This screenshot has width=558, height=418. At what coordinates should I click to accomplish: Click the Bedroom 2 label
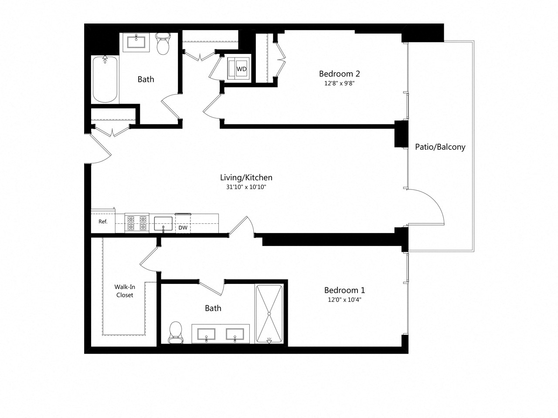[x=339, y=74]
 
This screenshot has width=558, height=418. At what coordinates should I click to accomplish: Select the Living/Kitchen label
[x=246, y=177]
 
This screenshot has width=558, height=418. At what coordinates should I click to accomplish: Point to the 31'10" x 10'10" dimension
[x=246, y=187]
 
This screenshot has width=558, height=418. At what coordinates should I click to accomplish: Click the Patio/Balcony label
[x=440, y=147]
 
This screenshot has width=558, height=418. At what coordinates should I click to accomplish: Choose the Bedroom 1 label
[x=344, y=290]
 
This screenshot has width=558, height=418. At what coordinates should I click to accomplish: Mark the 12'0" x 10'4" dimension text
[x=344, y=300]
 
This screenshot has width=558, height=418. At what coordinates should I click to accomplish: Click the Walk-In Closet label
[x=124, y=291]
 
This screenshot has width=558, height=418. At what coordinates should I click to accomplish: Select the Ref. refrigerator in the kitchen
[x=103, y=222]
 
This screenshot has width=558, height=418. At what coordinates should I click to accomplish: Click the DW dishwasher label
[x=183, y=227]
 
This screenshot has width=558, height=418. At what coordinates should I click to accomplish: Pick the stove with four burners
[x=136, y=222]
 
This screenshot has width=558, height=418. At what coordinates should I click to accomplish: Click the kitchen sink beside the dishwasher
[x=163, y=223]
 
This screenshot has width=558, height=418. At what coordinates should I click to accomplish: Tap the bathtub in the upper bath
[x=105, y=79]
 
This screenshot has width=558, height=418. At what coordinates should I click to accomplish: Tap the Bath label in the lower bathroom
[x=213, y=308]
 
